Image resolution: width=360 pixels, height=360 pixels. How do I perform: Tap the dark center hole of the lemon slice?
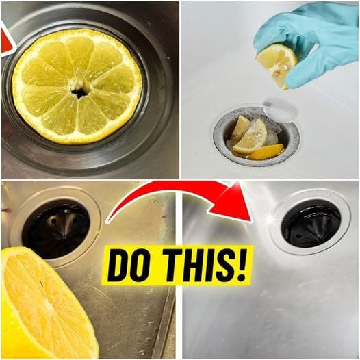(79, 93)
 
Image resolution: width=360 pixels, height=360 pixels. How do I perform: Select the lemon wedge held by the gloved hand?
(277, 65)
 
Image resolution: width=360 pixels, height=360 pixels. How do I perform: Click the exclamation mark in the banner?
(240, 264)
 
